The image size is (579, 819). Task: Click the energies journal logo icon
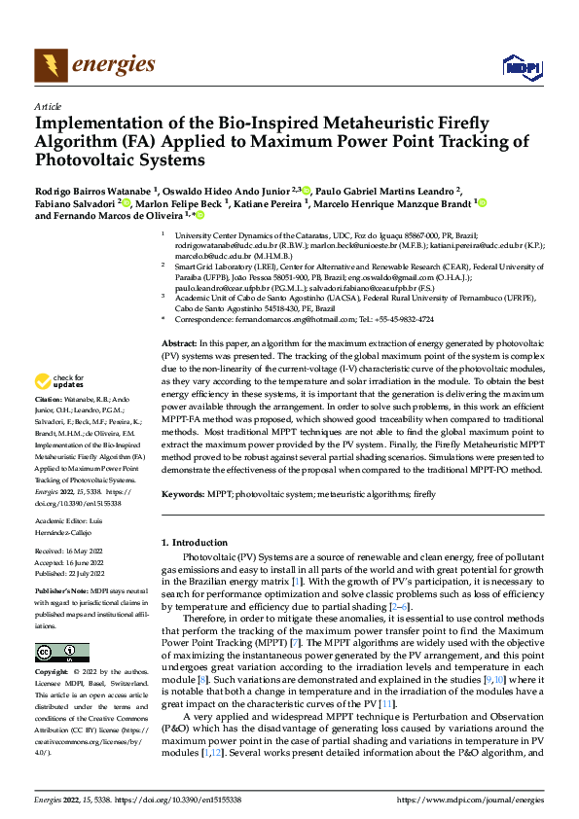click(48, 65)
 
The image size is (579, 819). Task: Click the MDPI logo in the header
click(522, 65)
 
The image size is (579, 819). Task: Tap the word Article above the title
click(47, 106)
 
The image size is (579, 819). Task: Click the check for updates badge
click(57, 382)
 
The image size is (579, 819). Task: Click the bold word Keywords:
click(183, 494)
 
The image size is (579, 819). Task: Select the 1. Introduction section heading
click(193, 541)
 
